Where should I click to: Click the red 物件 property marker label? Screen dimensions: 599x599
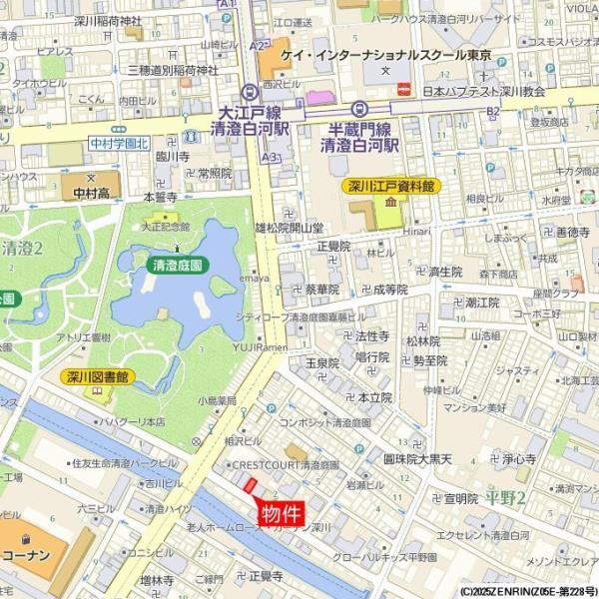[x=282, y=514]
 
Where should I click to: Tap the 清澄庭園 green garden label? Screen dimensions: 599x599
[x=177, y=266]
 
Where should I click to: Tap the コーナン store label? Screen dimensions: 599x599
[x=26, y=554]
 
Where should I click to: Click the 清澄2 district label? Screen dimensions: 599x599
[x=22, y=248]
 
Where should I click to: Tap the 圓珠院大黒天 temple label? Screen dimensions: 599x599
[x=417, y=459]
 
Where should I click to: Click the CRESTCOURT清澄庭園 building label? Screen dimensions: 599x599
[x=285, y=465]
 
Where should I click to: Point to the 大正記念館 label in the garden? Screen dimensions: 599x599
[x=166, y=227]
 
